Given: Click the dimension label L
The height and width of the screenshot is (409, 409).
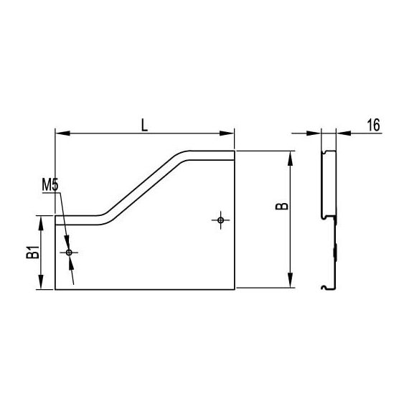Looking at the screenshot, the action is [x=144, y=125].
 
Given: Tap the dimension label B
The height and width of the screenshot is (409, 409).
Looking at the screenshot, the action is [x=282, y=207].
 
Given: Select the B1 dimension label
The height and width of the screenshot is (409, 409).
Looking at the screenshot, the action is [x=33, y=252].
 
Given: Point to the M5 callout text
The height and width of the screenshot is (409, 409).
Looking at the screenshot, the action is [x=50, y=185].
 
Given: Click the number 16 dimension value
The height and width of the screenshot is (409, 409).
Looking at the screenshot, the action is [x=374, y=125].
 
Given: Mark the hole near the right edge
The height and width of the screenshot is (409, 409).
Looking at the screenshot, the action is [x=221, y=220].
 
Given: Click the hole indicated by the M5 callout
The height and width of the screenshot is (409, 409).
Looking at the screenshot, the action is [x=69, y=253].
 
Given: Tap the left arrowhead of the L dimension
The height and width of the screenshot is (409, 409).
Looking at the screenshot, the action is [x=63, y=133].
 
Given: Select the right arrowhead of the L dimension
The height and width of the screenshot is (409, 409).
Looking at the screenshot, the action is [x=227, y=133].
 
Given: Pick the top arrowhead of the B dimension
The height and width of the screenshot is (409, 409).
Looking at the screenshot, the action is [x=290, y=159].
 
